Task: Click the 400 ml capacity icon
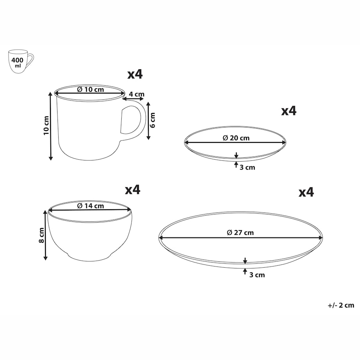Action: coord(21,61)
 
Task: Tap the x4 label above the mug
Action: coord(135,74)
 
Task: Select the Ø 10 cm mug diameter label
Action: coord(90,89)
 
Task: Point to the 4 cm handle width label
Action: coord(137,94)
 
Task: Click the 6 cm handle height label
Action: coord(153,120)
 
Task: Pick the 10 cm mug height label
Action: coord(46,126)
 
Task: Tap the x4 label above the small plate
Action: coord(289,111)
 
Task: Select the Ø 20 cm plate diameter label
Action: coord(236,138)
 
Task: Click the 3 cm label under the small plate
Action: coord(247,167)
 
